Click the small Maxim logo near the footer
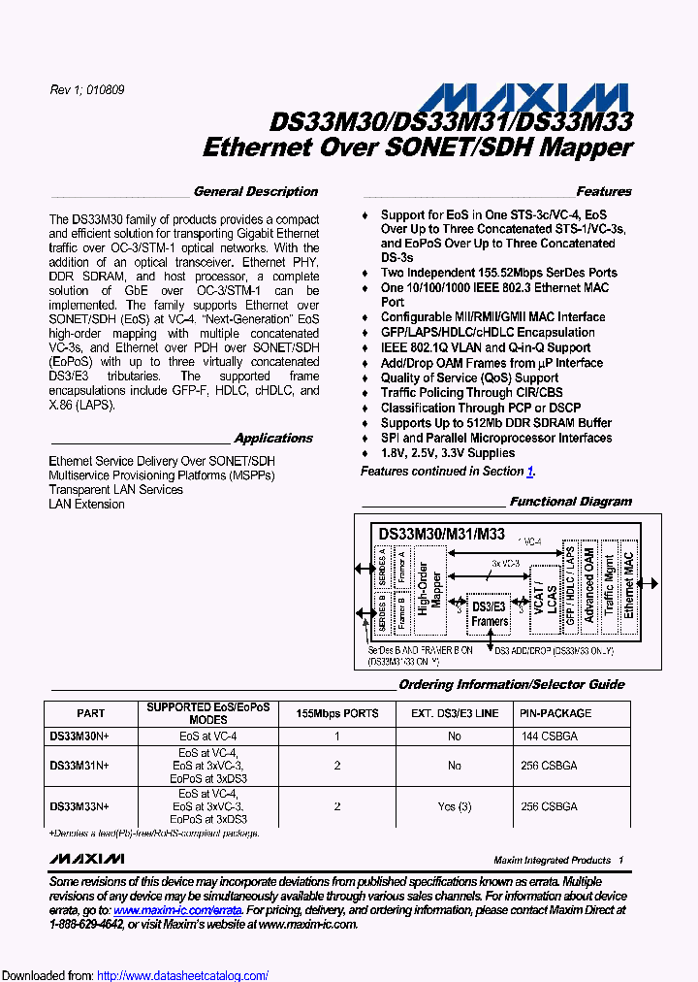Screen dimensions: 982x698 click(x=86, y=859)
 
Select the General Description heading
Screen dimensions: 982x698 click(x=255, y=192)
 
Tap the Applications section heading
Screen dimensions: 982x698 click(x=274, y=439)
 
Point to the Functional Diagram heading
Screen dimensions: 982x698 click(x=570, y=502)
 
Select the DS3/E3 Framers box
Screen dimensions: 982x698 click(x=490, y=614)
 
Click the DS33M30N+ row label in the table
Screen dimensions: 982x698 click(x=79, y=736)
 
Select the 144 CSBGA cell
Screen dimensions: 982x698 click(x=549, y=736)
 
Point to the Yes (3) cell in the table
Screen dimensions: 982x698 click(x=454, y=806)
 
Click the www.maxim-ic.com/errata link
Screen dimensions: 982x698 click(x=176, y=910)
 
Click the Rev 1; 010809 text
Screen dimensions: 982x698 click(x=86, y=90)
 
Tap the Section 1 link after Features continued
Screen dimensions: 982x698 click(x=530, y=472)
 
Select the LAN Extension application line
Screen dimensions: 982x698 click(x=86, y=505)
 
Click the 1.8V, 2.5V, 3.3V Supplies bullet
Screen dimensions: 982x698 click(x=447, y=453)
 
